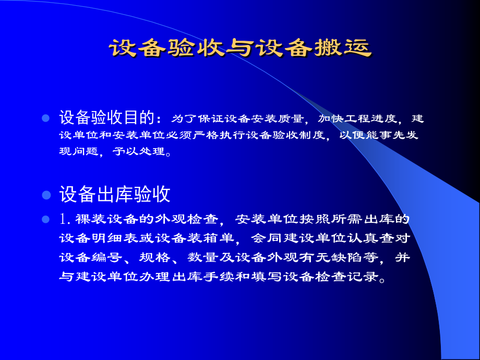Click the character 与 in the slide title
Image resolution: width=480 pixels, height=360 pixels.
239,48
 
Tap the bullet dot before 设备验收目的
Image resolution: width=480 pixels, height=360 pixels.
45,118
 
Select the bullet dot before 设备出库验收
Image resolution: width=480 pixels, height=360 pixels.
45,195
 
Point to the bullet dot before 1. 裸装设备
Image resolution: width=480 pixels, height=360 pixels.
45,219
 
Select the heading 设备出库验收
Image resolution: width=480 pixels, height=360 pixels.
115,195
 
